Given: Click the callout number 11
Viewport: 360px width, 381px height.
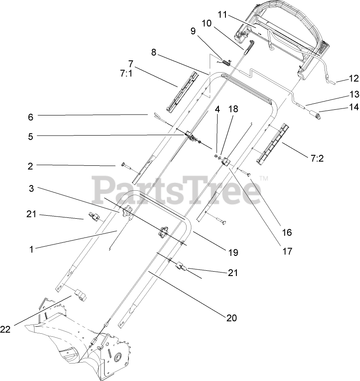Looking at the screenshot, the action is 222,15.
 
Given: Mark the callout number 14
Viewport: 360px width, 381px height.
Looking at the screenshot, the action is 353,106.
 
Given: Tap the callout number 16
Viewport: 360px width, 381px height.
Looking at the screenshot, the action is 287,232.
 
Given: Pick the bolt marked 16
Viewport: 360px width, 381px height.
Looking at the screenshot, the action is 245,173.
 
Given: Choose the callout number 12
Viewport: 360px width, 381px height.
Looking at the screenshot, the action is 353,79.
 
